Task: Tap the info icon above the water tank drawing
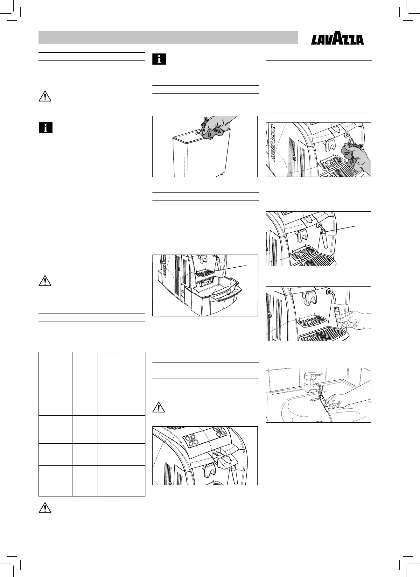(x=159, y=59)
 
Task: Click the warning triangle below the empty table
(x=45, y=508)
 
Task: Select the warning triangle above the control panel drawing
(x=159, y=408)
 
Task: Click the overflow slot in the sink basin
(x=314, y=398)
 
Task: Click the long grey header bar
(x=168, y=38)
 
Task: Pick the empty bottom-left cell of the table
(x=55, y=492)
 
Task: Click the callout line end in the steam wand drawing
(x=355, y=226)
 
